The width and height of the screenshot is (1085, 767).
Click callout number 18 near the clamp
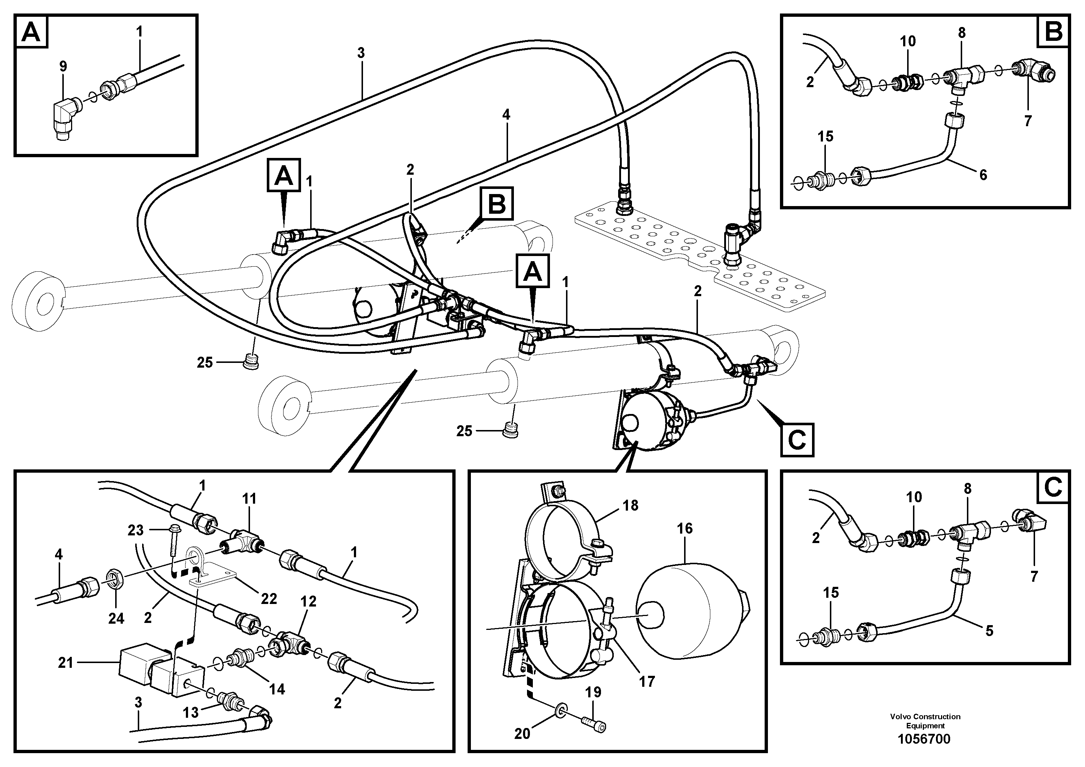point(631,506)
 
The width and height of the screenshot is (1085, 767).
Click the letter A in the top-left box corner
point(32,32)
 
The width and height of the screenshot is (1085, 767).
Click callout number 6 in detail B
point(983,175)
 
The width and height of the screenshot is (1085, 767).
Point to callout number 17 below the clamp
point(647,681)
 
